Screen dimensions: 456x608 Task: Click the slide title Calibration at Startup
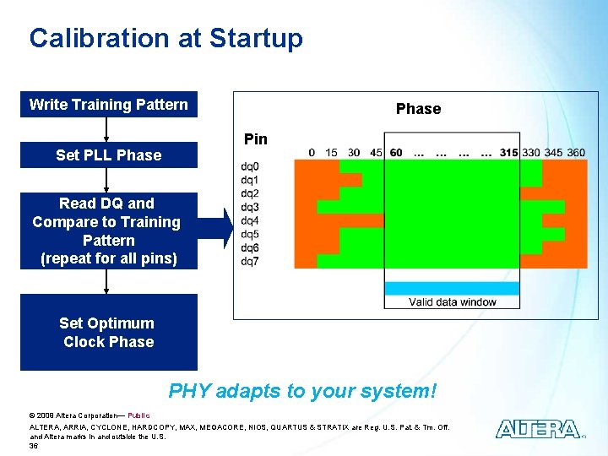[x=166, y=38]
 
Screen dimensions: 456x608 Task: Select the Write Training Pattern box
[x=109, y=105]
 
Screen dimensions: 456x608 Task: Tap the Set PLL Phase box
[x=109, y=155]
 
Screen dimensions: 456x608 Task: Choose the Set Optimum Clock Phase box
[x=109, y=333]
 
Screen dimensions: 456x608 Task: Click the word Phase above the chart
[x=418, y=109]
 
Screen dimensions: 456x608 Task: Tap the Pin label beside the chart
[x=255, y=139]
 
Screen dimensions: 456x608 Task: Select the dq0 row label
[x=250, y=166]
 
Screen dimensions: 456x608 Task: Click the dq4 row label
[x=250, y=220]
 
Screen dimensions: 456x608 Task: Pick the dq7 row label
[x=250, y=261]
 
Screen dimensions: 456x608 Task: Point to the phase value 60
[x=396, y=153]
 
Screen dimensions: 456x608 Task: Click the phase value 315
[x=508, y=153]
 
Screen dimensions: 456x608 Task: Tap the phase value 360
[x=575, y=153]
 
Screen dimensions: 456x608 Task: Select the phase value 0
[x=312, y=153]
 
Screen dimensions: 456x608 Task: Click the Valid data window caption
[x=452, y=302]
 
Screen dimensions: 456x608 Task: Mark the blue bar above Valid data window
[x=452, y=288]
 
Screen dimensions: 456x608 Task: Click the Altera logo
[x=538, y=429]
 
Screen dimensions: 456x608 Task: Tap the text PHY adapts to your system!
[x=302, y=391]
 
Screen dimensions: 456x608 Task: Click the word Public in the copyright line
[x=138, y=415]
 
